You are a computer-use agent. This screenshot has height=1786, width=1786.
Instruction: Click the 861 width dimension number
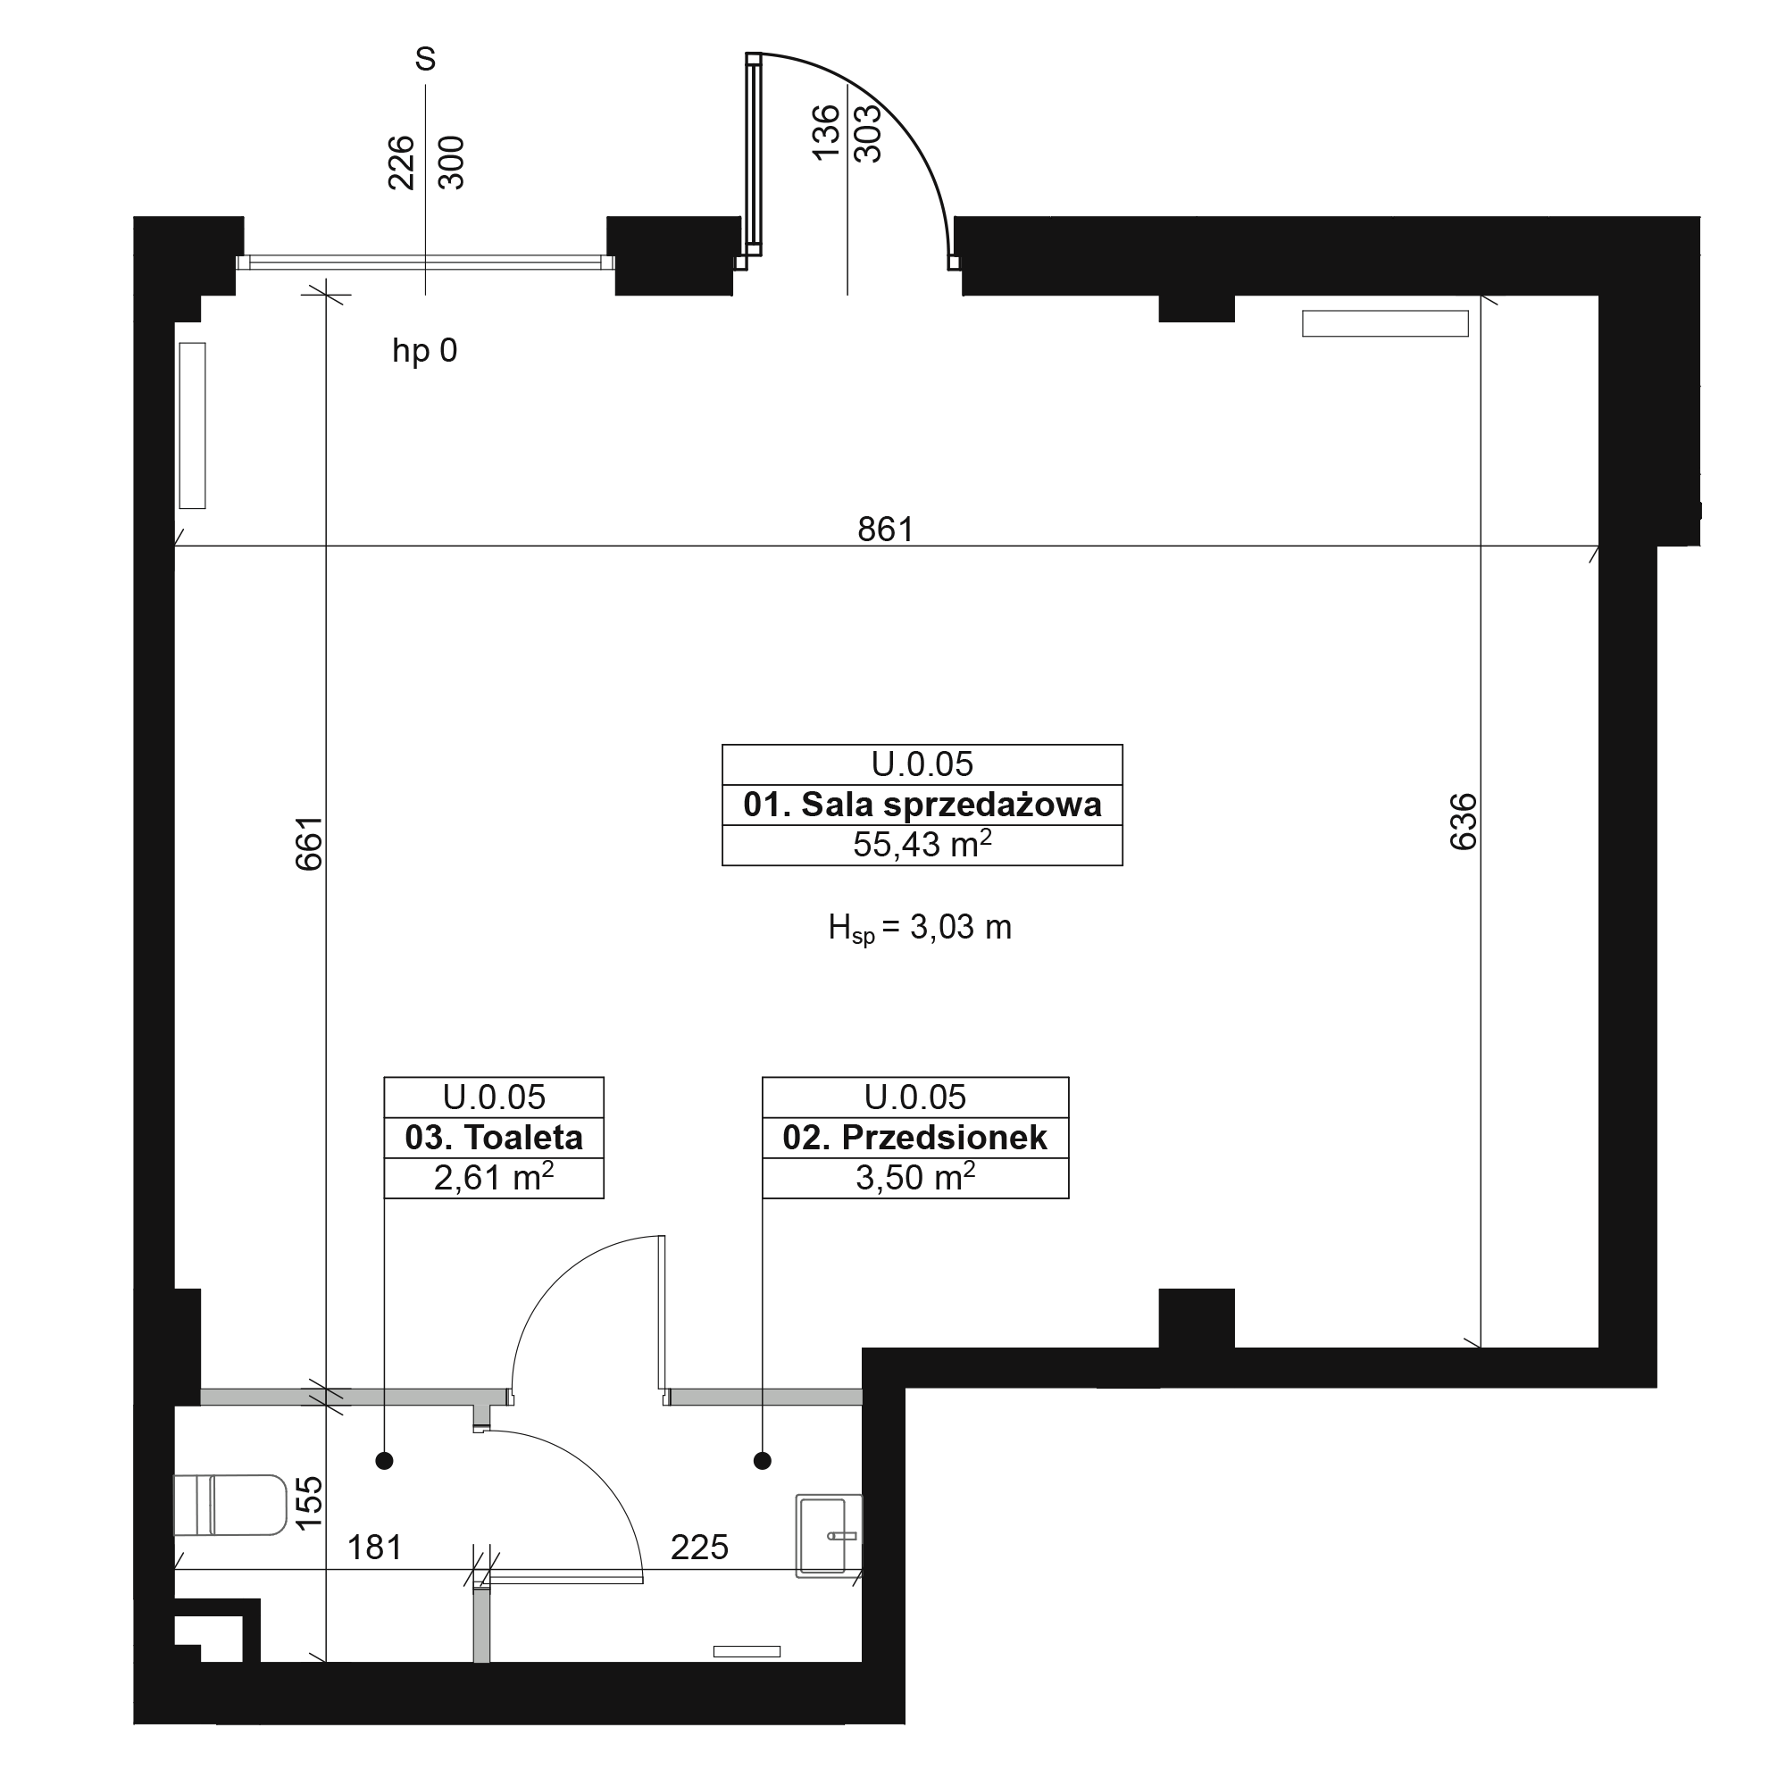pyautogui.click(x=885, y=530)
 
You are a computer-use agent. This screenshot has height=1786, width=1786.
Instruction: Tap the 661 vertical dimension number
pyautogui.click(x=309, y=842)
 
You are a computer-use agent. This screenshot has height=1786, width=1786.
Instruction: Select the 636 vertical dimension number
pyautogui.click(x=1464, y=821)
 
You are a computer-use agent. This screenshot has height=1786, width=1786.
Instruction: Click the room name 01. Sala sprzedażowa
pyautogui.click(x=922, y=805)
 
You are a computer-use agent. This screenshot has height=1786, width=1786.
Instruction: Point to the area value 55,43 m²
pyautogui.click(x=922, y=844)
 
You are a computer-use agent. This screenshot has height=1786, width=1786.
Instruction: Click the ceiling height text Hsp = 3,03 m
pyautogui.click(x=920, y=927)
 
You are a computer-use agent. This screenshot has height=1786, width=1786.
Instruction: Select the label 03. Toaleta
pyautogui.click(x=494, y=1137)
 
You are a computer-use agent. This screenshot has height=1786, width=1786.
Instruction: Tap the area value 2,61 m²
pyautogui.click(x=494, y=1177)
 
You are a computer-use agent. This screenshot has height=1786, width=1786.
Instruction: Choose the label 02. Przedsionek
pyautogui.click(x=915, y=1137)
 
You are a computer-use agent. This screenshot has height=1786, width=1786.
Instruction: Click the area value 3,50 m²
pyautogui.click(x=915, y=1177)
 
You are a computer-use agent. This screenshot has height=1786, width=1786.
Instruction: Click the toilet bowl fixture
pyautogui.click(x=230, y=1505)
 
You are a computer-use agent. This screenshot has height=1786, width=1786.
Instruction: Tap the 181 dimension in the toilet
pyautogui.click(x=374, y=1548)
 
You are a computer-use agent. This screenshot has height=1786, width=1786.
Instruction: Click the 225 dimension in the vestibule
pyautogui.click(x=699, y=1548)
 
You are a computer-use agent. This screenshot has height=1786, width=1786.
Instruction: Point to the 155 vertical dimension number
pyautogui.click(x=309, y=1501)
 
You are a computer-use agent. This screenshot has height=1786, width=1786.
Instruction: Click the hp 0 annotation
pyautogui.click(x=424, y=350)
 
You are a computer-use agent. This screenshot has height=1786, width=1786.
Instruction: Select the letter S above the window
pyautogui.click(x=425, y=59)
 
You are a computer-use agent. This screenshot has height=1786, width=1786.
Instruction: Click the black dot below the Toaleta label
pyautogui.click(x=385, y=1462)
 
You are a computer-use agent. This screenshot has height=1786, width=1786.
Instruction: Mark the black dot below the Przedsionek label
pyautogui.click(x=762, y=1462)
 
